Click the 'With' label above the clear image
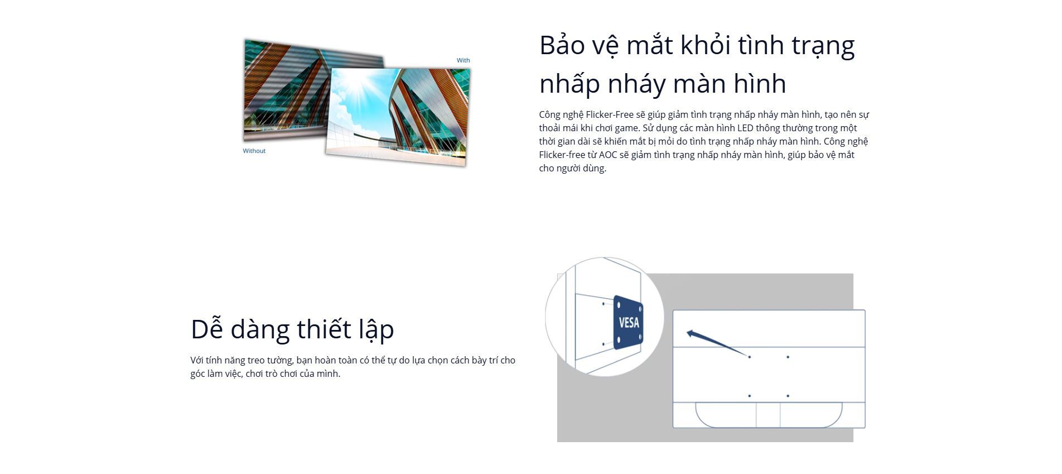click(x=463, y=60)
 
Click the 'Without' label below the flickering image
click(x=254, y=151)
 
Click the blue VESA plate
click(x=628, y=323)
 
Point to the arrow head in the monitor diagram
click(x=691, y=334)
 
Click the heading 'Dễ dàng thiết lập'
click(x=292, y=329)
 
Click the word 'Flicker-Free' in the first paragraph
click(x=609, y=114)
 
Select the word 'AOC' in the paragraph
click(x=608, y=155)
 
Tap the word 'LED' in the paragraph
click(x=745, y=128)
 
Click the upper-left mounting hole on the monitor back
click(x=750, y=357)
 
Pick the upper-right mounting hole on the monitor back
click(x=788, y=357)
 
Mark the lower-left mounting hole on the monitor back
click(x=750, y=396)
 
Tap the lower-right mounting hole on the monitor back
click(x=788, y=396)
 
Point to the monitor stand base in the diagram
click(x=769, y=415)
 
